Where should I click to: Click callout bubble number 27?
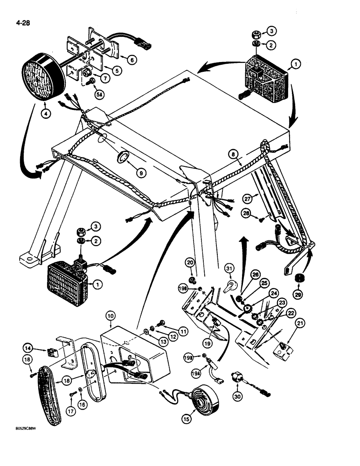pyautogui.click(x=247, y=198)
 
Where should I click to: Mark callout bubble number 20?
pyautogui.click(x=190, y=263)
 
